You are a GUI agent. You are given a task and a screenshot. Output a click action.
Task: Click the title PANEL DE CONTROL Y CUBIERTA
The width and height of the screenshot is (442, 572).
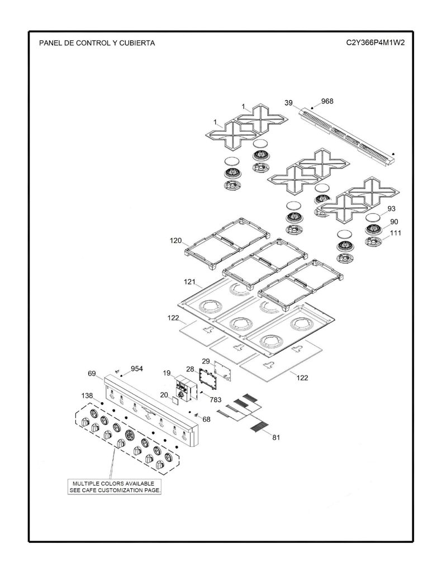tap(97, 43)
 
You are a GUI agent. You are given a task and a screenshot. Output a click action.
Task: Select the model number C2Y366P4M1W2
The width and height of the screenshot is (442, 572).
tap(376, 42)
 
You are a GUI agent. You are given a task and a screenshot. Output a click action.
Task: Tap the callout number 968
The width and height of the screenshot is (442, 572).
tap(327, 101)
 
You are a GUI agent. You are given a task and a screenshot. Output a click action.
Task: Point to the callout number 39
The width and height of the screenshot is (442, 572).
tap(288, 103)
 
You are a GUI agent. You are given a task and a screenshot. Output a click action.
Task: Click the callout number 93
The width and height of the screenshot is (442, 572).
tap(391, 209)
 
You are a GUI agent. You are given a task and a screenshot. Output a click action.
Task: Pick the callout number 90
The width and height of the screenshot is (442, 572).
tap(394, 221)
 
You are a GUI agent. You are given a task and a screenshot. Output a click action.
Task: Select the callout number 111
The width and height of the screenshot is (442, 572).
tap(396, 233)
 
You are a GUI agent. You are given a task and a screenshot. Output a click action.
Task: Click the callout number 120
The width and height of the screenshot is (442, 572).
tap(175, 241)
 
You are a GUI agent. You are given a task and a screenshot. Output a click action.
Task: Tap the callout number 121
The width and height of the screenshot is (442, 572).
tap(189, 282)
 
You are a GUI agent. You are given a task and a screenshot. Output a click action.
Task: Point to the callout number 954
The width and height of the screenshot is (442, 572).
tap(137, 369)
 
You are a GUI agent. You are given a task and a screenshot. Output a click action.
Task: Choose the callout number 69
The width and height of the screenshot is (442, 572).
tap(92, 374)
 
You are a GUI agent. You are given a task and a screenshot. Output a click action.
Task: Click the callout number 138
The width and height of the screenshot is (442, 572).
tap(87, 395)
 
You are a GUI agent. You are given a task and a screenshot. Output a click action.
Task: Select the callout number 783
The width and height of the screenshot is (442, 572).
tap(215, 399)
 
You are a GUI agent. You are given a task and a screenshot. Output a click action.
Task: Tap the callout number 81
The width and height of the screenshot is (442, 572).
tap(276, 437)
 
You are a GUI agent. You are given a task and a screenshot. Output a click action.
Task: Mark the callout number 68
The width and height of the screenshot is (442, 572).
tap(207, 419)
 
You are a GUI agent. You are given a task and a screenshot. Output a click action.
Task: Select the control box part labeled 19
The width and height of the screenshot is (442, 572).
tap(184, 389)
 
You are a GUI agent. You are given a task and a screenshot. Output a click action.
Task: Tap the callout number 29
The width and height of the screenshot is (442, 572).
tap(206, 361)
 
